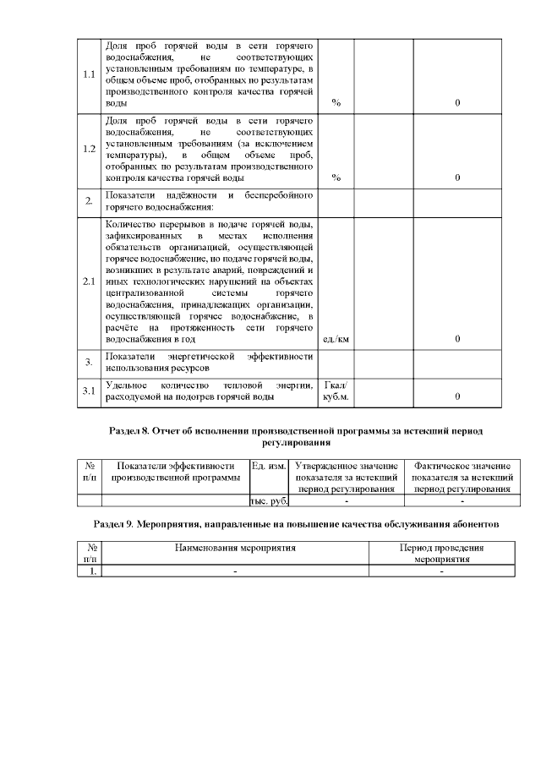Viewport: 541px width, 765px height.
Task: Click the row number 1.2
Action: pos(89,150)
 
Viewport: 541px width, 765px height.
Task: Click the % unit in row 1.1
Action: pos(336,102)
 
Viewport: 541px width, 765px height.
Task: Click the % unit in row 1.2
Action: pos(336,178)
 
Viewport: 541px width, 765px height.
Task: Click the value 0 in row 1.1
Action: pos(457,102)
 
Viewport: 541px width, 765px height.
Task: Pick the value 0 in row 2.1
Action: pos(457,339)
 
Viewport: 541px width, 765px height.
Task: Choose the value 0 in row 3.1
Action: pos(457,396)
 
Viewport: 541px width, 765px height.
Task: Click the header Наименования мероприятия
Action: pos(235,548)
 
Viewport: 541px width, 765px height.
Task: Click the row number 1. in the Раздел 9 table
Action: pos(90,571)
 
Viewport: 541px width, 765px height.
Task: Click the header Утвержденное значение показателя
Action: pos(347,478)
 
